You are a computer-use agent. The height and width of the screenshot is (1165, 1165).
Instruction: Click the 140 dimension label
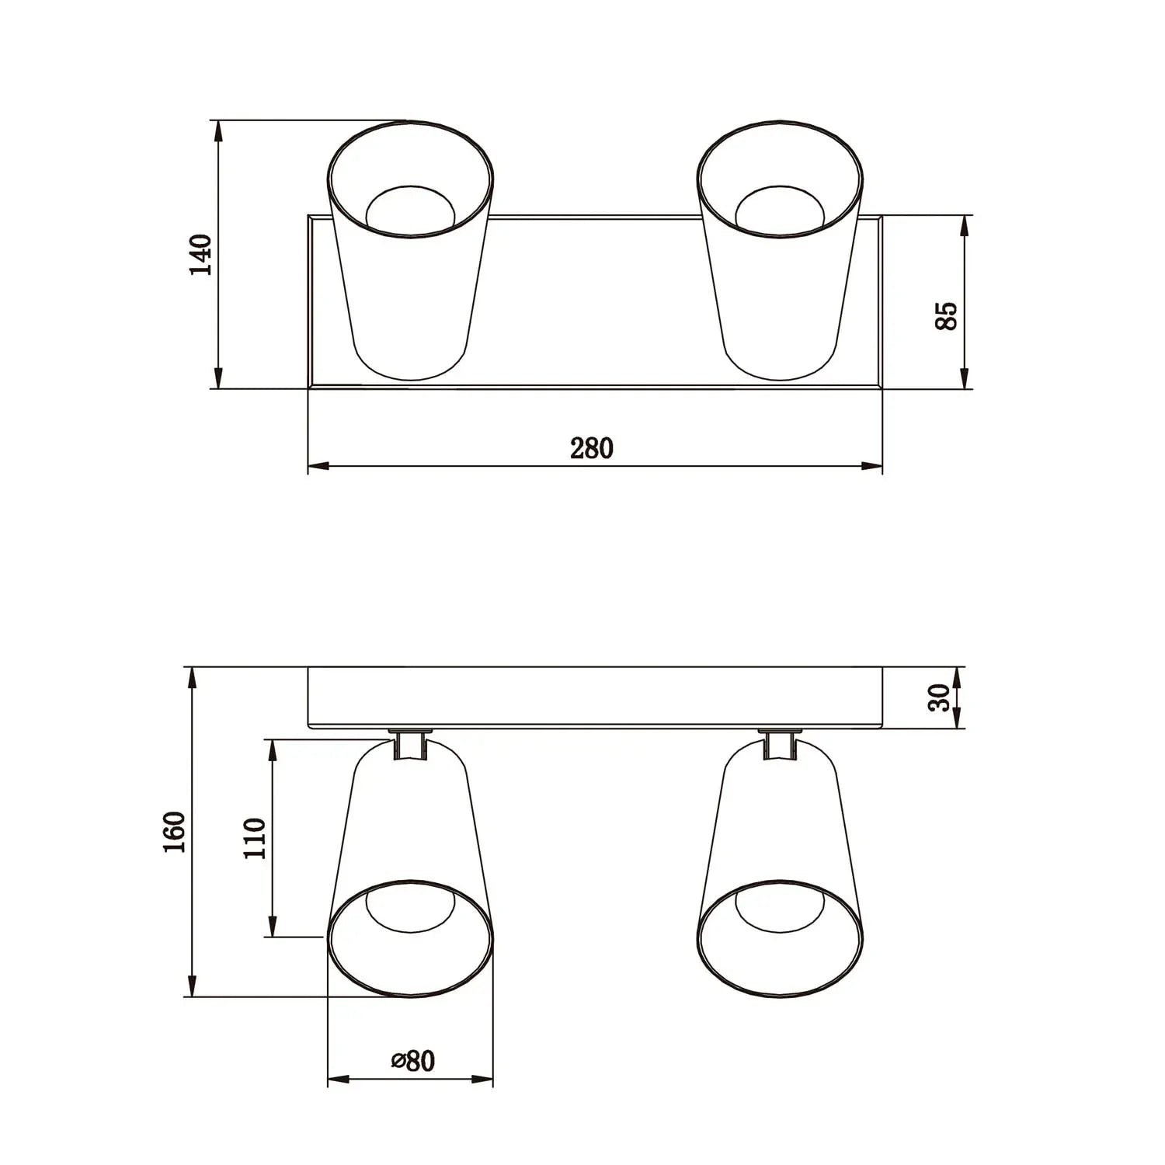click(201, 254)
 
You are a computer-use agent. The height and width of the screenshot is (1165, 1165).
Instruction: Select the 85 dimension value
click(946, 316)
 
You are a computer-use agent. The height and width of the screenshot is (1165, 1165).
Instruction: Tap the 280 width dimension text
click(592, 448)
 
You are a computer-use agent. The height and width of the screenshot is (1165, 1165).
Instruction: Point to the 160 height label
click(175, 832)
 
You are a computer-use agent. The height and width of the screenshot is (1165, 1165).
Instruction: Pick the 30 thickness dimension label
click(941, 697)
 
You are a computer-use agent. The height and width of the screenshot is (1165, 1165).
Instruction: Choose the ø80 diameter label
click(412, 1061)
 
